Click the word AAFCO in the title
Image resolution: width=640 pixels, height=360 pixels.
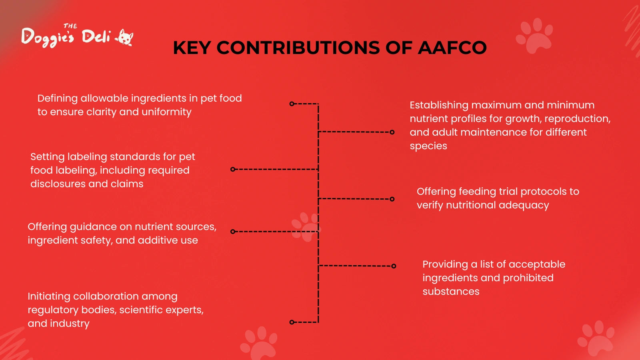click(x=452, y=48)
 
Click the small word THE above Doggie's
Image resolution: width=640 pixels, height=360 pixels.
click(x=70, y=26)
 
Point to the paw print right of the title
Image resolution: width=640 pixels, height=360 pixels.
click(x=534, y=36)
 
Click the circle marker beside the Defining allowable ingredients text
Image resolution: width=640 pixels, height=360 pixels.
click(x=292, y=104)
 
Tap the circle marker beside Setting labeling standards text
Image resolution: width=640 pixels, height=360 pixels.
click(x=232, y=170)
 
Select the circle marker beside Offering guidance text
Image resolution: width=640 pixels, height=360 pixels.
click(x=232, y=232)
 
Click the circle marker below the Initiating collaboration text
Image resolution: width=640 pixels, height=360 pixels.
click(x=292, y=322)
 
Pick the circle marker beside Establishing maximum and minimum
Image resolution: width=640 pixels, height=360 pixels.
click(x=392, y=132)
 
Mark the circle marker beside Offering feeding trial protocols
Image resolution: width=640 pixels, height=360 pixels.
click(x=392, y=199)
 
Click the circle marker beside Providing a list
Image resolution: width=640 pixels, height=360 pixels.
click(x=394, y=266)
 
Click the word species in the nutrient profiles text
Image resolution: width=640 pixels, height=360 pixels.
click(x=428, y=146)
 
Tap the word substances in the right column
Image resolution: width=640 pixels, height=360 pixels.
click(x=451, y=292)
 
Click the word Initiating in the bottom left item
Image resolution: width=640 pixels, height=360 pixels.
click(x=49, y=296)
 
